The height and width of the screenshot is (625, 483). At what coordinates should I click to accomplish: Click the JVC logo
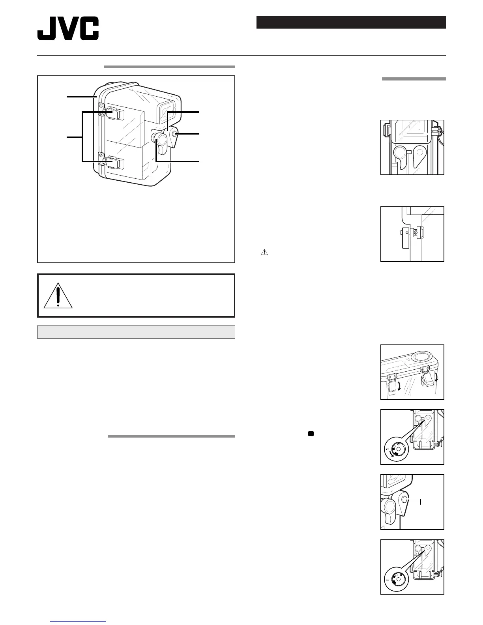coord(68,28)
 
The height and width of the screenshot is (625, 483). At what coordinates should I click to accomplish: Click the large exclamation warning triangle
coord(58,296)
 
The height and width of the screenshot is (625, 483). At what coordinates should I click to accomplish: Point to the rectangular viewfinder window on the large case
coord(166,109)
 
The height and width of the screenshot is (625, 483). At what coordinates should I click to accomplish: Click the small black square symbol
coord(311,434)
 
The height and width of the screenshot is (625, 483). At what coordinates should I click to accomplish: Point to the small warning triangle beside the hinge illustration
coord(264,252)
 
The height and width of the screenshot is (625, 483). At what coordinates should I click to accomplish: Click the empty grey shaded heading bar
coord(136,332)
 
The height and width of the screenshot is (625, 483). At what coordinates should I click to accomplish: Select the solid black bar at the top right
coord(351,22)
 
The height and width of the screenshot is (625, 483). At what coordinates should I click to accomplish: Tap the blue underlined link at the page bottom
coord(79,622)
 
